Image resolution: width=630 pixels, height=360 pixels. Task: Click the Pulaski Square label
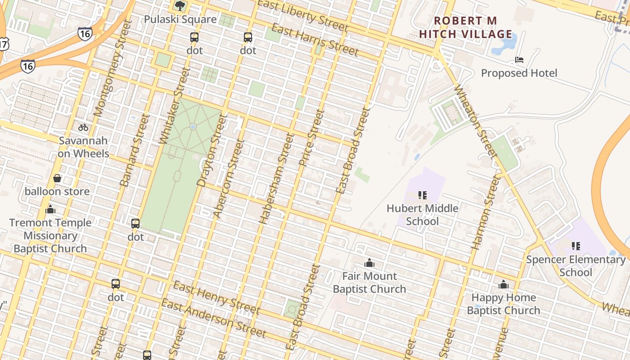pyautogui.click(x=180, y=19)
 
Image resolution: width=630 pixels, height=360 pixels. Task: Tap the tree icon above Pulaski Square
pyautogui.click(x=180, y=6)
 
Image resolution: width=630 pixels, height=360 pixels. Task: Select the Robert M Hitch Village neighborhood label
pyautogui.click(x=465, y=27)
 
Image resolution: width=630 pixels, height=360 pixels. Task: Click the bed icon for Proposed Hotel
pyautogui.click(x=519, y=59)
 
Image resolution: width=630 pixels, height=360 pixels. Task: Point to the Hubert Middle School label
pyautogui.click(x=423, y=215)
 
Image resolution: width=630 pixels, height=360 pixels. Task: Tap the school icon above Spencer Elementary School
pyautogui.click(x=576, y=246)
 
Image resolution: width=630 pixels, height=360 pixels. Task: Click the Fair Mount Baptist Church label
pyautogui.click(x=369, y=283)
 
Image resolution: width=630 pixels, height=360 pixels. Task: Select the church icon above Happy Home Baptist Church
pyautogui.click(x=503, y=284)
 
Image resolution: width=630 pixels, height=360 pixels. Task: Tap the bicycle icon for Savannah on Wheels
pyautogui.click(x=83, y=127)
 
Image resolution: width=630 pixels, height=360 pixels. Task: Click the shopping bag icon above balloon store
pyautogui.click(x=57, y=179)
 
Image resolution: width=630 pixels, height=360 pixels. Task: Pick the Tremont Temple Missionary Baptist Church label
pyautogui.click(x=50, y=235)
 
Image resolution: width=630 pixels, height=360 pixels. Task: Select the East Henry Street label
pyautogui.click(x=216, y=297)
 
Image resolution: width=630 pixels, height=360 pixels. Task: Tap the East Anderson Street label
pyautogui.click(x=213, y=318)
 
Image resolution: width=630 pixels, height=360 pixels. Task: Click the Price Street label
pyautogui.click(x=311, y=137)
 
